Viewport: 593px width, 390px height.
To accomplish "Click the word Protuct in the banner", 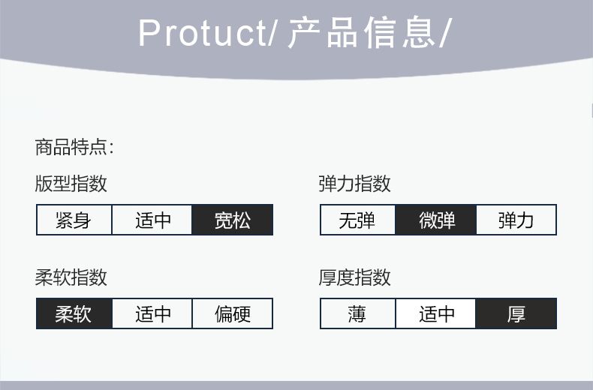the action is pos(203,33).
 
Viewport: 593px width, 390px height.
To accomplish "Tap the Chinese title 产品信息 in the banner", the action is pos(361,32).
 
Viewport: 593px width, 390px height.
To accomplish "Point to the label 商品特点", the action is pos(71,147).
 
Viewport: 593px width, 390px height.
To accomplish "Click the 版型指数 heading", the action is pos(71,184).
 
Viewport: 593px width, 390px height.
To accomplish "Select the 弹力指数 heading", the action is pos(354,184).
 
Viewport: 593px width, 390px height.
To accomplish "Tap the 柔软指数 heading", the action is pos(71,277).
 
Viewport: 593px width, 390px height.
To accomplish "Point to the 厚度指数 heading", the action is pos(354,277).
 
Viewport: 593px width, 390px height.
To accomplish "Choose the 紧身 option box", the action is pos(74,220).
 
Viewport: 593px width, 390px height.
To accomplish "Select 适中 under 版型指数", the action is pos(152,220).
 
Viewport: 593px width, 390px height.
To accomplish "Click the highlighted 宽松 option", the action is pos(232,220).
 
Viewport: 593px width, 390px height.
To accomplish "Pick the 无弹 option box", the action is pos(358,220).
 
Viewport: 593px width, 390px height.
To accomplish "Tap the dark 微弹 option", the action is pos(435,220).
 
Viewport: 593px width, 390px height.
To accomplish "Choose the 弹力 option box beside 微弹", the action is pos(516,220).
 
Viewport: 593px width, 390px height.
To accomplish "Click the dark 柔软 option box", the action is pos(74,313).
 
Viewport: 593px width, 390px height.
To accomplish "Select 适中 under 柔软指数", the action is pos(152,313).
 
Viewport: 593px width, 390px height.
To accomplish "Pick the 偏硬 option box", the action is pos(233,313).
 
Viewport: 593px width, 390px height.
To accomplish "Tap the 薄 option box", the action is pos(358,313).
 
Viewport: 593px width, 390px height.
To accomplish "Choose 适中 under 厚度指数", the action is pos(435,313).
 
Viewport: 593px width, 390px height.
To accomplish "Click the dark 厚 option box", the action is pos(516,313).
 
